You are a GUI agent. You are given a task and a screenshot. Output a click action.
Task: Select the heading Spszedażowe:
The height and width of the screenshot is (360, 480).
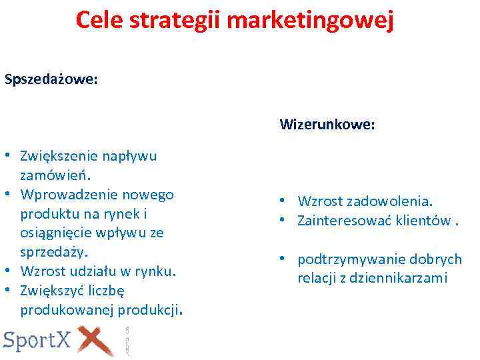(x=51, y=79)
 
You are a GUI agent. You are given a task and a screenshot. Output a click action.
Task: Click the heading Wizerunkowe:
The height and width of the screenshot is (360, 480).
(x=327, y=125)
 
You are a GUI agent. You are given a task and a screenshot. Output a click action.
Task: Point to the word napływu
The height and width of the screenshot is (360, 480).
(x=129, y=157)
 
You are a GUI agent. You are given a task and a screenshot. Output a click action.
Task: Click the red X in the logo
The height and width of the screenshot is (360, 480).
(x=97, y=341)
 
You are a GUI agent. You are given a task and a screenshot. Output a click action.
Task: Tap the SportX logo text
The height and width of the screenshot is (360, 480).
(x=37, y=341)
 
